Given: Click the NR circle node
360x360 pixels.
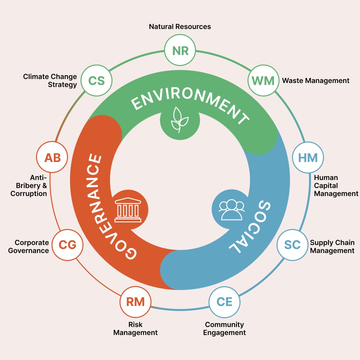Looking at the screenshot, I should [x=180, y=51].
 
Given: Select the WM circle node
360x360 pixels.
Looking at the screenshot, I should [x=263, y=81].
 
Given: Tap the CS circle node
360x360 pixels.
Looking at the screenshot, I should [x=97, y=81].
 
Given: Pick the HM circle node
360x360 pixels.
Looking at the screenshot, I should [x=308, y=158].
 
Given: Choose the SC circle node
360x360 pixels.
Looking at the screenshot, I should [x=292, y=245].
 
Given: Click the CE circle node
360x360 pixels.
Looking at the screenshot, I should [x=224, y=302].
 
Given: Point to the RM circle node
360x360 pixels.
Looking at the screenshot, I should [x=135, y=302].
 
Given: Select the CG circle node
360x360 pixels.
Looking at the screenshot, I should [x=67, y=245].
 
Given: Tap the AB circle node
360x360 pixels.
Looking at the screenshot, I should [x=52, y=158].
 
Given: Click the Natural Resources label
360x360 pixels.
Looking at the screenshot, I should [x=180, y=27].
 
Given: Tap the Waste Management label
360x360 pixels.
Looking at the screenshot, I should [x=316, y=81].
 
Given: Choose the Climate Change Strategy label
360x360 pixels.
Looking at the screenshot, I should [x=50, y=81].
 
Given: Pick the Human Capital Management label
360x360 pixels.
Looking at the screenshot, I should [x=336, y=186].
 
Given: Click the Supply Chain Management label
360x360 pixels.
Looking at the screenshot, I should [x=332, y=247].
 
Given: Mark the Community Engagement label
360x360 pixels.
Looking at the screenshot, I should [x=224, y=329].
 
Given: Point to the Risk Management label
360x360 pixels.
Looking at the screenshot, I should [x=135, y=329].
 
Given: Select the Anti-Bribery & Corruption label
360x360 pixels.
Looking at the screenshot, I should [x=29, y=186].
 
